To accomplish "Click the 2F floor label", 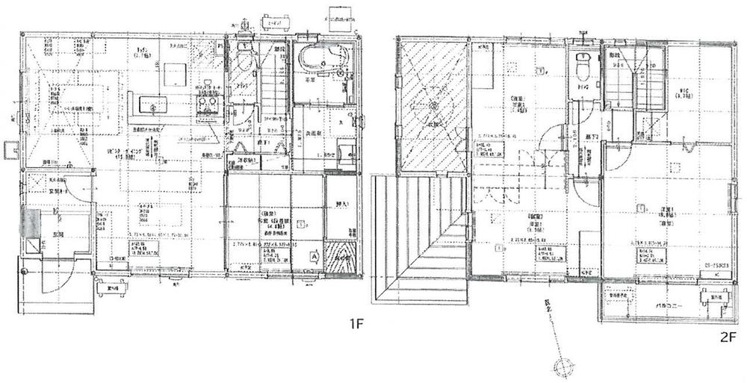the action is (x=728, y=337).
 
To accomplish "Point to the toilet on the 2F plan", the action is (x=581, y=67).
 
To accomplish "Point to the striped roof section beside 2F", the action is (x=418, y=239).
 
